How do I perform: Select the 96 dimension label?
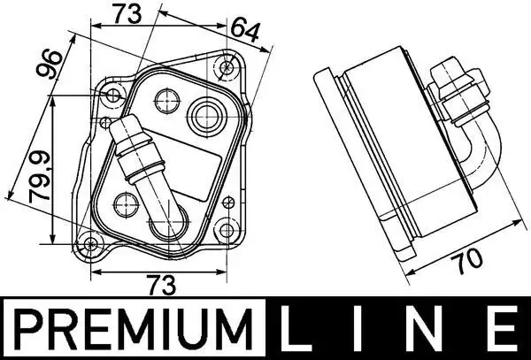[x=56, y=66]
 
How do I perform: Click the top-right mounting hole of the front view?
[x=227, y=66]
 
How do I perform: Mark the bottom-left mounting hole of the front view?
[x=92, y=245]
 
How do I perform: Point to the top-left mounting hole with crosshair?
[x=113, y=95]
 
